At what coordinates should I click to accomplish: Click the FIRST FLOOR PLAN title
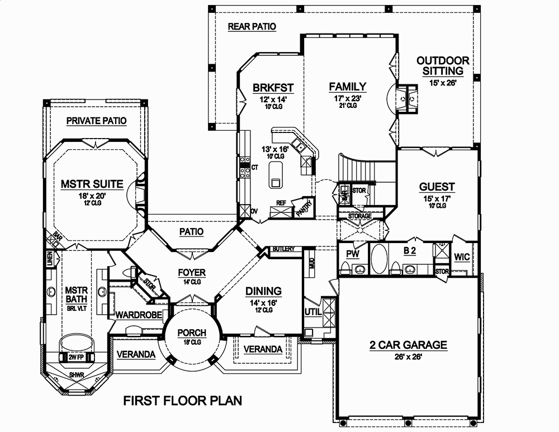(x=182, y=400)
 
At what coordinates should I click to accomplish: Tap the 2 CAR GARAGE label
(x=408, y=345)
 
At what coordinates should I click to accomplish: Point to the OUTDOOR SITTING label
(x=443, y=65)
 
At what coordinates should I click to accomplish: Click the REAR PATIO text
(x=252, y=27)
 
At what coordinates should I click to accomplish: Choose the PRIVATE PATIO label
(x=96, y=121)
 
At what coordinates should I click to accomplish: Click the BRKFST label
(x=273, y=87)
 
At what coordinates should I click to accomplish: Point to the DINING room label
(x=263, y=291)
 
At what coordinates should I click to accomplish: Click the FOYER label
(x=192, y=273)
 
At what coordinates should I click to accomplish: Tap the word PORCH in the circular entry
(x=192, y=333)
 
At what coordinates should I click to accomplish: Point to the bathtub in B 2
(x=379, y=259)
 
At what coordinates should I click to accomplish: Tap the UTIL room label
(x=313, y=312)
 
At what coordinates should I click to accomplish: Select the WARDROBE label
(x=138, y=315)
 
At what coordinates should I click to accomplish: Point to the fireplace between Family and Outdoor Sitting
(x=407, y=98)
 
